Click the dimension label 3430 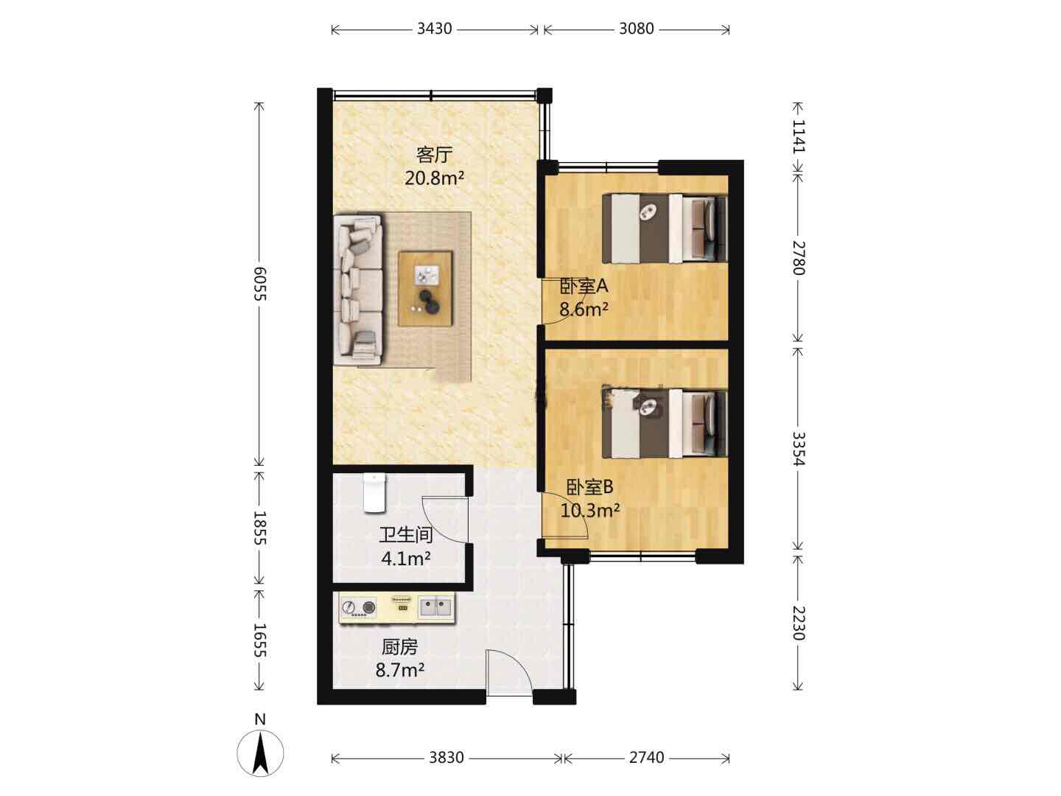pos(434,29)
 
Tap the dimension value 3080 pos(636,29)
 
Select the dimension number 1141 pos(799,136)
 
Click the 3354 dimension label pos(799,449)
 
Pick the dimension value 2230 pos(799,623)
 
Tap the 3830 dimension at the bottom pos(447,758)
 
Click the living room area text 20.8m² pos(434,178)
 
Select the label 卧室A pos(584,287)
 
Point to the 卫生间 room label pos(405,535)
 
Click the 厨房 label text pos(399,647)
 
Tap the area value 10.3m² pos(589,510)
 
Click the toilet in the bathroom pos(374,492)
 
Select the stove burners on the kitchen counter pos(359,607)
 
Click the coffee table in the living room pos(425,288)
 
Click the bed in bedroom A pos(665,228)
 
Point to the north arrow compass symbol pos(260,753)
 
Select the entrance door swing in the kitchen pos(509,673)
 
